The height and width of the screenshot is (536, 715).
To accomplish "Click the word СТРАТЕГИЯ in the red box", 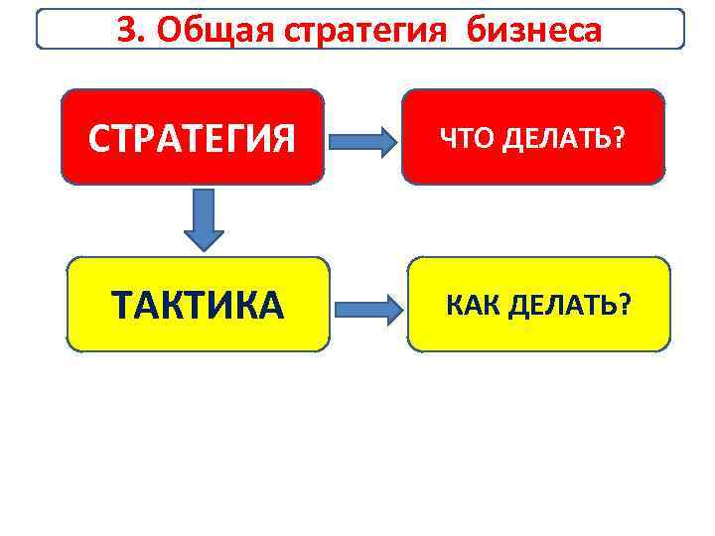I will click(x=192, y=140).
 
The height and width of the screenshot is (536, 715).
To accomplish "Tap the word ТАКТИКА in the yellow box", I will click(x=199, y=307).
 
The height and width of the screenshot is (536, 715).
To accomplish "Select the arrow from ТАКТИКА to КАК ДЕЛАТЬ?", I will click(x=368, y=307).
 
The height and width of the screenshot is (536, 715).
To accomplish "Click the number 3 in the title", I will click(x=126, y=31).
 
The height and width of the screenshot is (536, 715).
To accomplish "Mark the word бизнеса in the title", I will click(x=537, y=31).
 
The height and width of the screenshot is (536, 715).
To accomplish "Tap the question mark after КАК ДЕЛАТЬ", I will click(x=625, y=305).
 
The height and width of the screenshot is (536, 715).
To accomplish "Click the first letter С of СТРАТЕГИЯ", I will click(x=98, y=140).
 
